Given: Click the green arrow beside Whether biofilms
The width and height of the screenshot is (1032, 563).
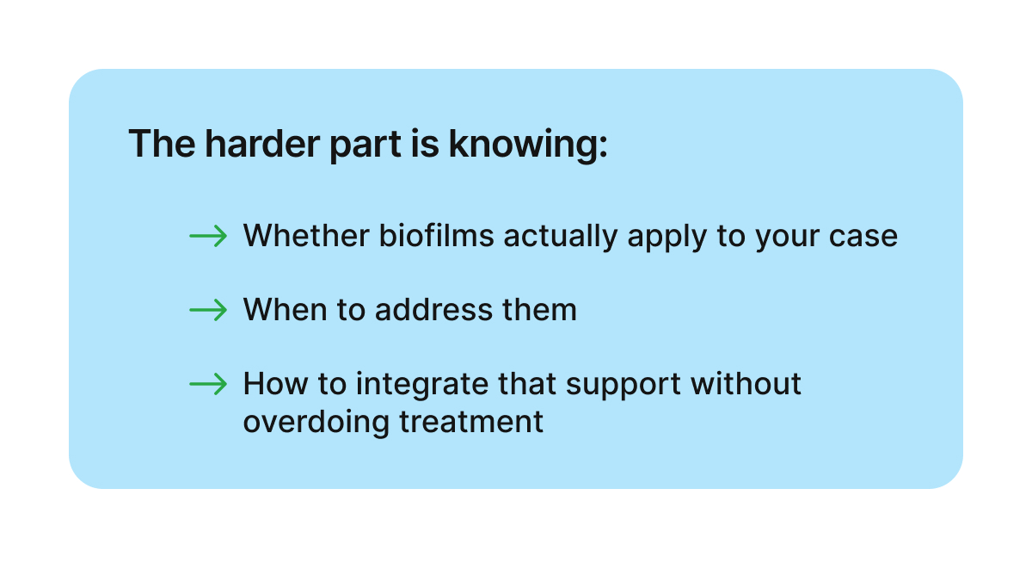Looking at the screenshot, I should pyautogui.click(x=207, y=235).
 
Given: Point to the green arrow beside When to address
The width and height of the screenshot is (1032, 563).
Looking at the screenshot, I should pyautogui.click(x=207, y=309).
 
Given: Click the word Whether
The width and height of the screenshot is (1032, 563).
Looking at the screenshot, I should pyautogui.click(x=306, y=235).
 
